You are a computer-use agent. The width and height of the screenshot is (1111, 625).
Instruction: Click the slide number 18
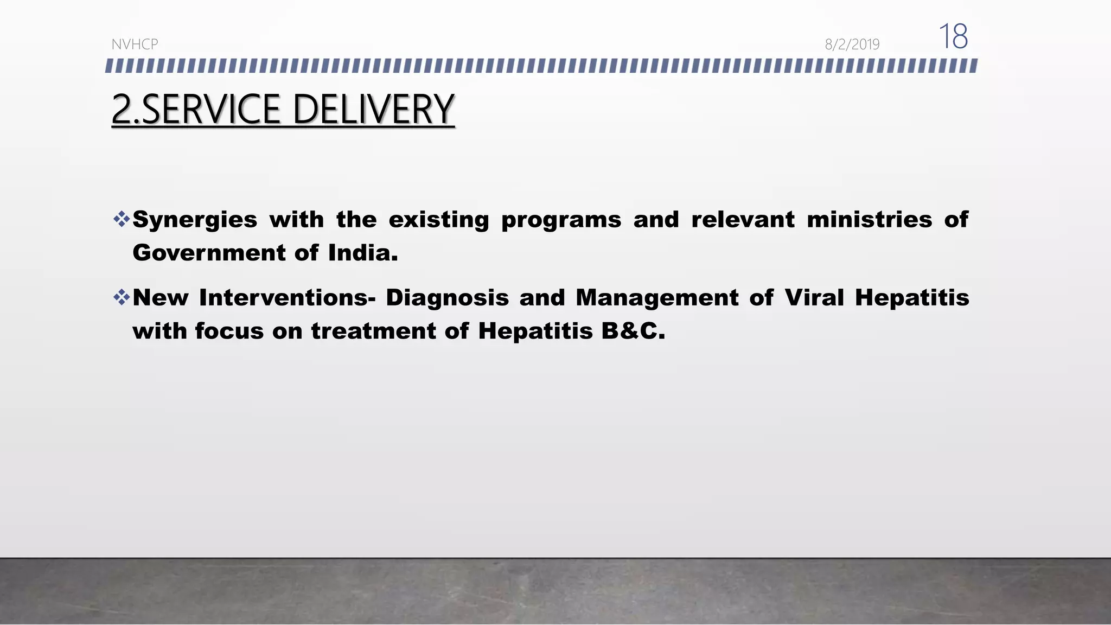(953, 37)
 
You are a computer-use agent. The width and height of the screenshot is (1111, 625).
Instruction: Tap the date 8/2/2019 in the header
(852, 44)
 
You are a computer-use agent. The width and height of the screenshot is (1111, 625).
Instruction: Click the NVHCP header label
(135, 44)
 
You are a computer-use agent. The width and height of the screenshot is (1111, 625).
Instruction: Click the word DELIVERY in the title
(373, 110)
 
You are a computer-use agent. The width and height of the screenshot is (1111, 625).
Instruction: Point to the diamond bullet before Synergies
(122, 219)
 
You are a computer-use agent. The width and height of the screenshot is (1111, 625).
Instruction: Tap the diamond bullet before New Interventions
(122, 297)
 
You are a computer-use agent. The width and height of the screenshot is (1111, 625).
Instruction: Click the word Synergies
(195, 220)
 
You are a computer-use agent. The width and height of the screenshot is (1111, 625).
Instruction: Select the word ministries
(869, 220)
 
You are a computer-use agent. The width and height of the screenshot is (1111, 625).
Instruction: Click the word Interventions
(287, 298)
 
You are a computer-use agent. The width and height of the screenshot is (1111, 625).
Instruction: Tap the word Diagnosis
(447, 298)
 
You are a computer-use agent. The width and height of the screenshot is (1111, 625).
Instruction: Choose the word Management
(656, 298)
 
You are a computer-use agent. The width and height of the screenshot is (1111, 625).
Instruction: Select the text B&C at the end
(633, 331)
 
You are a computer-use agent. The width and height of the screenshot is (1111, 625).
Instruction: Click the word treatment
(373, 331)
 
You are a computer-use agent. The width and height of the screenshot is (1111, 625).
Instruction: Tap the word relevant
(743, 220)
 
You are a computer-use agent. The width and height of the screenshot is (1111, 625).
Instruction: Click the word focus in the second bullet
(229, 331)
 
